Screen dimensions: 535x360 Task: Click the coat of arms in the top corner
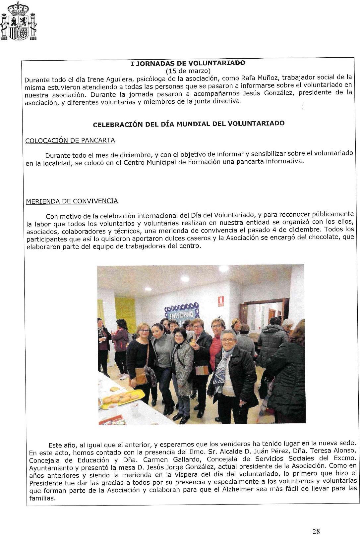click(19, 21)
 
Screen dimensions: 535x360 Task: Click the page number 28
click(316, 522)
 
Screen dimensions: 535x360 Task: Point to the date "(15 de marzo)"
click(188, 71)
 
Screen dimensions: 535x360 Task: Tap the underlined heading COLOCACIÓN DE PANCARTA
click(70, 140)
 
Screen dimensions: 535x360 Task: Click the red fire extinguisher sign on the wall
click(221, 301)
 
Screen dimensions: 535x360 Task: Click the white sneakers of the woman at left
click(123, 376)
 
